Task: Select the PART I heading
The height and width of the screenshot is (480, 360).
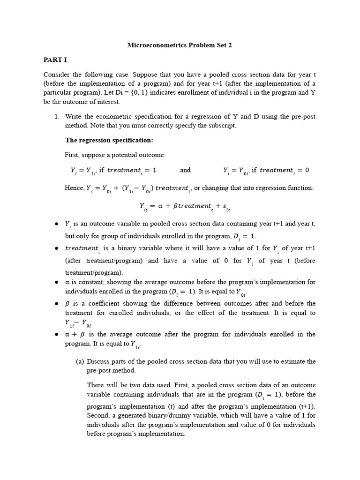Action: pyautogui.click(x=55, y=60)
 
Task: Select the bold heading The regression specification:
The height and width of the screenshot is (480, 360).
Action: pyautogui.click(x=109, y=140)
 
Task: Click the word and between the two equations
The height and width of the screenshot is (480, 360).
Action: pyautogui.click(x=185, y=170)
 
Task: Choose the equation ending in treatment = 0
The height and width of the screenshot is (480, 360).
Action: pyautogui.click(x=266, y=170)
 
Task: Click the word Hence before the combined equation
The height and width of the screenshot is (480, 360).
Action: pyautogui.click(x=74, y=188)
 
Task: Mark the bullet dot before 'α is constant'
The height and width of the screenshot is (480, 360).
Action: pyautogui.click(x=55, y=282)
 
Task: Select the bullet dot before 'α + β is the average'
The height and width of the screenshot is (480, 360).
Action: pyautogui.click(x=55, y=334)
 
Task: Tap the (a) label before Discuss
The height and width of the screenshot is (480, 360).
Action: pyautogui.click(x=81, y=361)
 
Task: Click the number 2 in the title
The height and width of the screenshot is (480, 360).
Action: pyautogui.click(x=230, y=45)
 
